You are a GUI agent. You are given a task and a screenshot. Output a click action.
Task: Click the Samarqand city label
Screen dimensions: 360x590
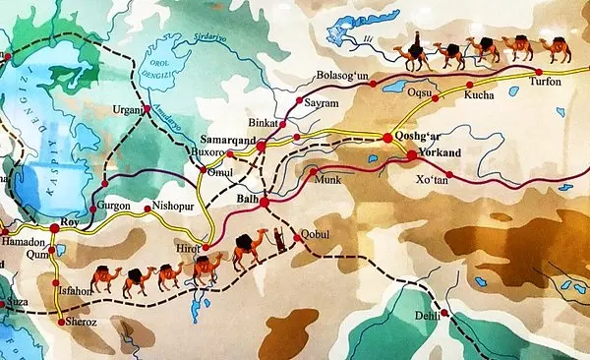click(228, 141)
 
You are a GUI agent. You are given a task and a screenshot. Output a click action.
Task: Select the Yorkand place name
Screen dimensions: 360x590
click(437, 154)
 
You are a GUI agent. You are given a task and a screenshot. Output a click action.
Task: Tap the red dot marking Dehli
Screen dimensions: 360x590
click(444, 314)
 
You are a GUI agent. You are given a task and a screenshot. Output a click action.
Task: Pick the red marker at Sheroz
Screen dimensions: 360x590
click(62, 322)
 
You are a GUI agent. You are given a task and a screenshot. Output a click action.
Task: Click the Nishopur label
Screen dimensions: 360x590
click(174, 206)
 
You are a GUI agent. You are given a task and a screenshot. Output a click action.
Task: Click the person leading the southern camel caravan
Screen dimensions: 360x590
click(280, 240)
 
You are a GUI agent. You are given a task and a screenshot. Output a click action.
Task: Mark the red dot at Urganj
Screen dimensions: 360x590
click(147, 107)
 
